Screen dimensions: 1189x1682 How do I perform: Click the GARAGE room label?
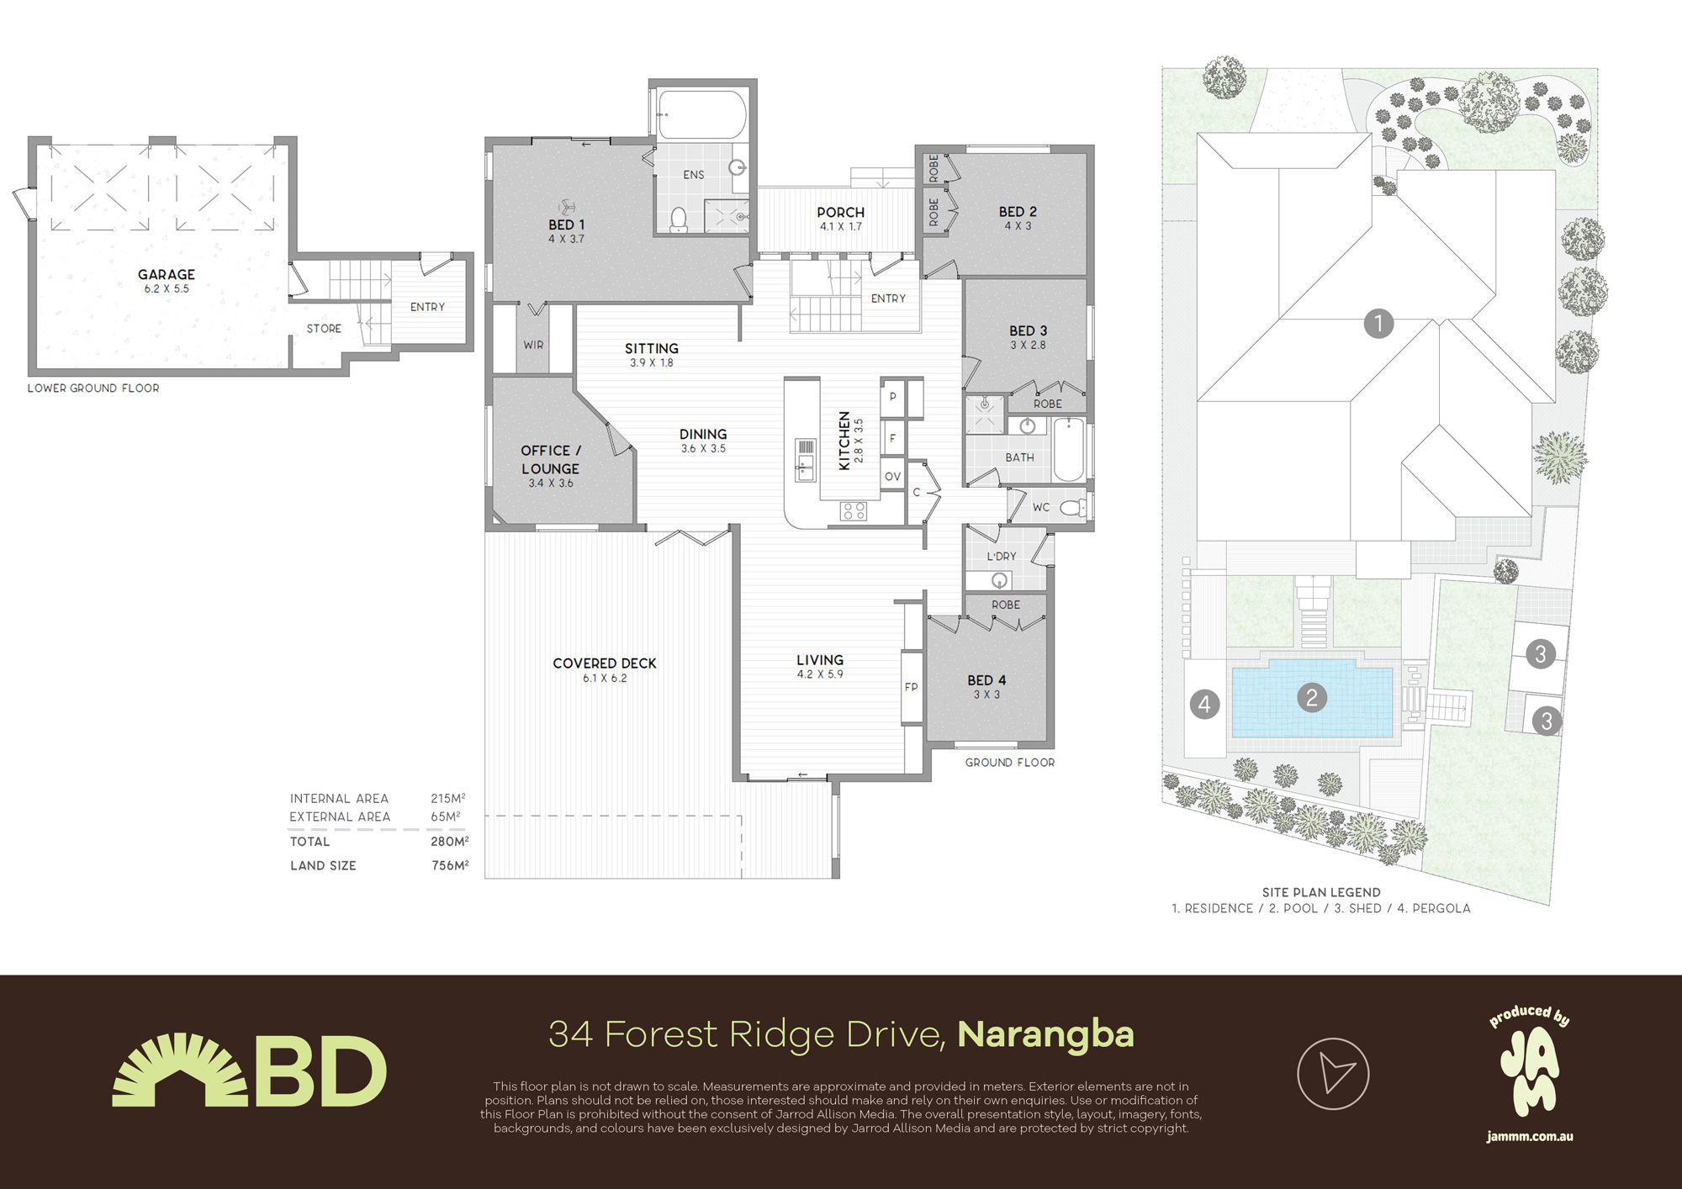(x=167, y=275)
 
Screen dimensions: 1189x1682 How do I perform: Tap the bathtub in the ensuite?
(x=701, y=115)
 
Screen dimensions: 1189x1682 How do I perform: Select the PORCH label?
(x=840, y=213)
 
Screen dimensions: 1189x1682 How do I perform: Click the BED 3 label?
(x=1028, y=331)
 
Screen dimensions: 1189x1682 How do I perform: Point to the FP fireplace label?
(x=911, y=687)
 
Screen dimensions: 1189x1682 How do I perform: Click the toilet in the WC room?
(x=1072, y=508)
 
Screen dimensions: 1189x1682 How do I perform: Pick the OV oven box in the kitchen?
(x=892, y=476)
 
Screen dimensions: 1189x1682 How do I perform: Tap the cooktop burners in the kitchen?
(x=854, y=510)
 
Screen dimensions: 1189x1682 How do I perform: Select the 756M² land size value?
(x=450, y=865)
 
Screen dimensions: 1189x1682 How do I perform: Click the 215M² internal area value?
(x=448, y=798)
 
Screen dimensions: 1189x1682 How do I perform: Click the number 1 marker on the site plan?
(x=1378, y=323)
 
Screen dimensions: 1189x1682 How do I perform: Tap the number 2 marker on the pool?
(x=1312, y=697)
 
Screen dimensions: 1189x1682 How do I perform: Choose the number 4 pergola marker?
(x=1204, y=704)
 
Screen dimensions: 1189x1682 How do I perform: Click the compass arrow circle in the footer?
(x=1333, y=1074)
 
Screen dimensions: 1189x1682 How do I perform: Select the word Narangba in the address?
(x=1045, y=1034)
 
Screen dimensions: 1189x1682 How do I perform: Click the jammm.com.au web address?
(x=1529, y=1137)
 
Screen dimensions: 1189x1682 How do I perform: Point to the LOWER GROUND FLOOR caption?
(x=93, y=388)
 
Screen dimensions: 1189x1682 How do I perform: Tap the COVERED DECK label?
(x=604, y=663)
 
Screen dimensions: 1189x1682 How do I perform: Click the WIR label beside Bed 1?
(x=533, y=345)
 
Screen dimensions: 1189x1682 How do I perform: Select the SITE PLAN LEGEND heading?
(x=1320, y=892)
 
